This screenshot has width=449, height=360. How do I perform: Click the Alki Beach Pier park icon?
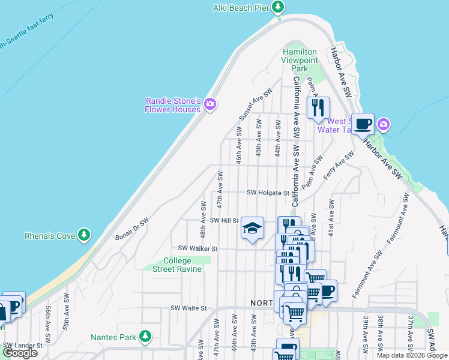[277, 7]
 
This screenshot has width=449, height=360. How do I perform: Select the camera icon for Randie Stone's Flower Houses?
[209, 104]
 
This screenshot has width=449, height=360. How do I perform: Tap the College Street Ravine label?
[177, 265]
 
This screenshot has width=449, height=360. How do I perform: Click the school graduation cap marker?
[253, 228]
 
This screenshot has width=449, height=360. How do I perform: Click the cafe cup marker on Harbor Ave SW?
[363, 124]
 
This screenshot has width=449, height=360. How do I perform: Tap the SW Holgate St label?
[268, 193]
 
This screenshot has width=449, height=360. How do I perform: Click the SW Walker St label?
[197, 248]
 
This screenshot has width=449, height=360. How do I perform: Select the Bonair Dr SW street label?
[131, 226]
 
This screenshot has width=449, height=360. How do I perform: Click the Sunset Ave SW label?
[256, 103]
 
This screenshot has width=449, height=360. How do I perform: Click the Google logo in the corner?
[20, 353]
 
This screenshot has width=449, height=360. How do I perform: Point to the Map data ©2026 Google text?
[411, 355]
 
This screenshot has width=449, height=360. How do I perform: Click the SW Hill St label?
[224, 220]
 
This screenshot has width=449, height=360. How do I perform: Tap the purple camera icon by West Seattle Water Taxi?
[384, 125]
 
